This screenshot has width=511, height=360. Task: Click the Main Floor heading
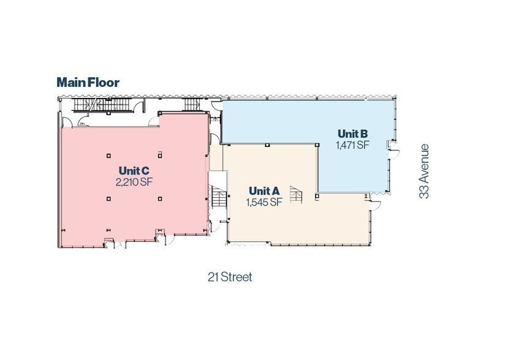tap(88, 82)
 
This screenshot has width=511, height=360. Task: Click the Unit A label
tap(263, 191)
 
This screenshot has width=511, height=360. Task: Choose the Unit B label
tap(352, 133)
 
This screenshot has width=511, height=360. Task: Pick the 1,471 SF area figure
tap(352, 145)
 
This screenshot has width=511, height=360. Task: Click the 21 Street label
tap(230, 277)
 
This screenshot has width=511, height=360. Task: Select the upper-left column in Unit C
tap(108, 155)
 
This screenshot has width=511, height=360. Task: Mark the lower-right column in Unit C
tap(159, 198)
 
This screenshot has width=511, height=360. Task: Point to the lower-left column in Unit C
tap(108, 198)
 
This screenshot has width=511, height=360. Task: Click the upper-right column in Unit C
tap(159, 155)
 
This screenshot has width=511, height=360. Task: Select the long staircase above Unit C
tap(104, 106)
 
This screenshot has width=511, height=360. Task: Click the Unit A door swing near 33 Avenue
tap(375, 201)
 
